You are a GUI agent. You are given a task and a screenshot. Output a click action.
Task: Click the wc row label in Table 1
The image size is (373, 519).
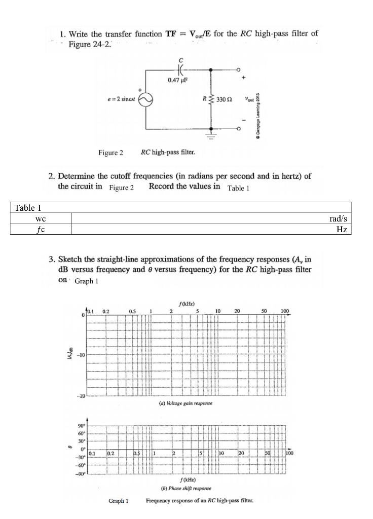41,218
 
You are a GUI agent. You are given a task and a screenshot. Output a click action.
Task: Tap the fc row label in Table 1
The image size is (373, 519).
41,229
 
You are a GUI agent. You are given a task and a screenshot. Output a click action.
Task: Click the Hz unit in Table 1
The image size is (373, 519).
343,229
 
